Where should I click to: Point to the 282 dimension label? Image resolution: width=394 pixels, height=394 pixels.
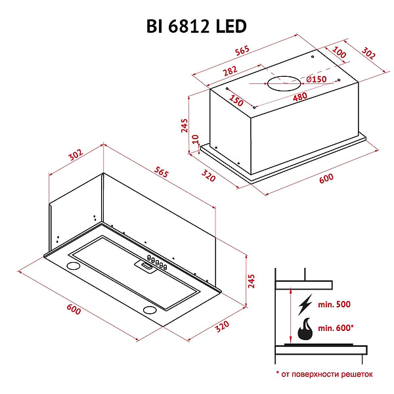click(x=229, y=69)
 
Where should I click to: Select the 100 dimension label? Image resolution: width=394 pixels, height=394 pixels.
click(x=339, y=52)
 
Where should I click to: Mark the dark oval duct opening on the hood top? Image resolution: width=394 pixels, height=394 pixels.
click(x=281, y=83)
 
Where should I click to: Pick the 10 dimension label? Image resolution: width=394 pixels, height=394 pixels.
click(x=195, y=139)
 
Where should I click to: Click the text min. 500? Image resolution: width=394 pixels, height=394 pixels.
click(x=334, y=305)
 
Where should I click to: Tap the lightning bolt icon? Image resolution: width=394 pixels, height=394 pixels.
click(x=305, y=306)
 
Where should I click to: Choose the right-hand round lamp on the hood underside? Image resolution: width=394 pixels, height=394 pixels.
click(x=150, y=309)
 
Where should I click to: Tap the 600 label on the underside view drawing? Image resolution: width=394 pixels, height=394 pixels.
click(x=74, y=309)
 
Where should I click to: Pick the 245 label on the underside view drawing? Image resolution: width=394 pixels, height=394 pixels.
click(x=251, y=280)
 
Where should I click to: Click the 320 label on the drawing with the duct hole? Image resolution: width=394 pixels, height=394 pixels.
click(x=209, y=175)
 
